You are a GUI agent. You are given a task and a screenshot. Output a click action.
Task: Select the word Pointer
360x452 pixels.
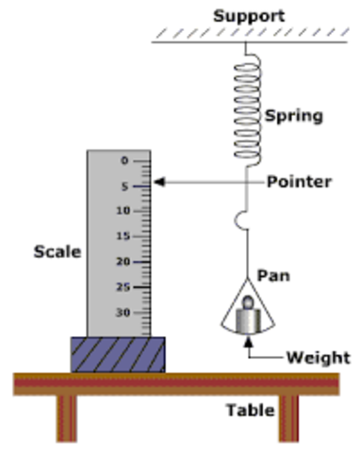click(x=299, y=182)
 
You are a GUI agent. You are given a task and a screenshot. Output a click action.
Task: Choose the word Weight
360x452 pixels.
click(x=318, y=358)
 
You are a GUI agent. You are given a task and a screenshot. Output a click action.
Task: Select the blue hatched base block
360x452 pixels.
click(x=118, y=354)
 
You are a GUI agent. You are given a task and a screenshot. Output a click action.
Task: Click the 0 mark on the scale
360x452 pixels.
click(x=124, y=160)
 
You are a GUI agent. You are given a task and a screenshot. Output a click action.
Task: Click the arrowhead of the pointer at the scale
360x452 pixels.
click(x=157, y=181)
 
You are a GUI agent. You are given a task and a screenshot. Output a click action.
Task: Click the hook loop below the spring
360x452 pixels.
click(x=243, y=221)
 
